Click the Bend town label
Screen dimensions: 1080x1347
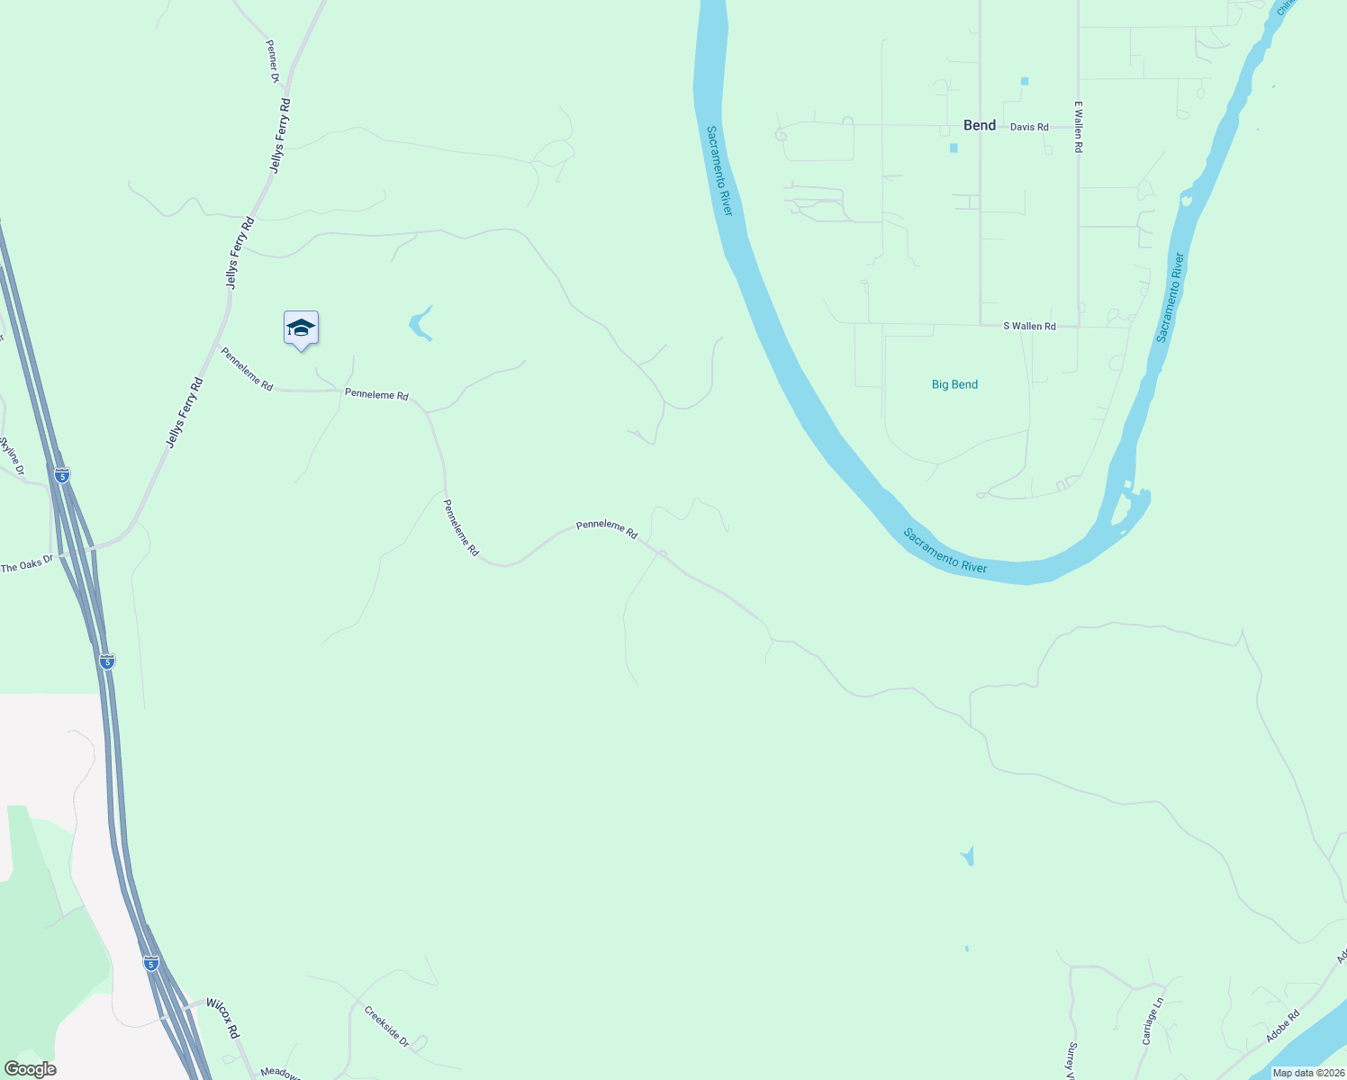coord(980,125)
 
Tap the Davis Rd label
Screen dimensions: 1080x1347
coord(1029,127)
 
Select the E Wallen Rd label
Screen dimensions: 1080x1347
coord(1078,126)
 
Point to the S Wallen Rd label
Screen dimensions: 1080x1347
coord(1029,326)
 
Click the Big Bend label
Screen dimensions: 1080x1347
coord(954,384)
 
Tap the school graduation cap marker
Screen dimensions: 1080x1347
coord(301,328)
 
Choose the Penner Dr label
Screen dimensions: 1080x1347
coord(273,61)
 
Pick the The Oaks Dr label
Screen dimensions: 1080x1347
coord(27,563)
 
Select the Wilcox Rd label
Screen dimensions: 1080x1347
coord(222,1017)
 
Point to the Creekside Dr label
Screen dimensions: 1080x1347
coord(386,1026)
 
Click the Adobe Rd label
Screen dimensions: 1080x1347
coord(1282,1026)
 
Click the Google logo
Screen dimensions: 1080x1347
coord(30,1069)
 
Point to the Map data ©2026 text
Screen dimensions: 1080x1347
coord(1308,1073)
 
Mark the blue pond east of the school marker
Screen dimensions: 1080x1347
coord(420,324)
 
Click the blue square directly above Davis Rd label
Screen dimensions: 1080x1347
coord(1025,81)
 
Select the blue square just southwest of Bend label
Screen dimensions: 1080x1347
coord(954,148)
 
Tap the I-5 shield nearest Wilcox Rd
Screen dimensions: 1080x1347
coord(151,964)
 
